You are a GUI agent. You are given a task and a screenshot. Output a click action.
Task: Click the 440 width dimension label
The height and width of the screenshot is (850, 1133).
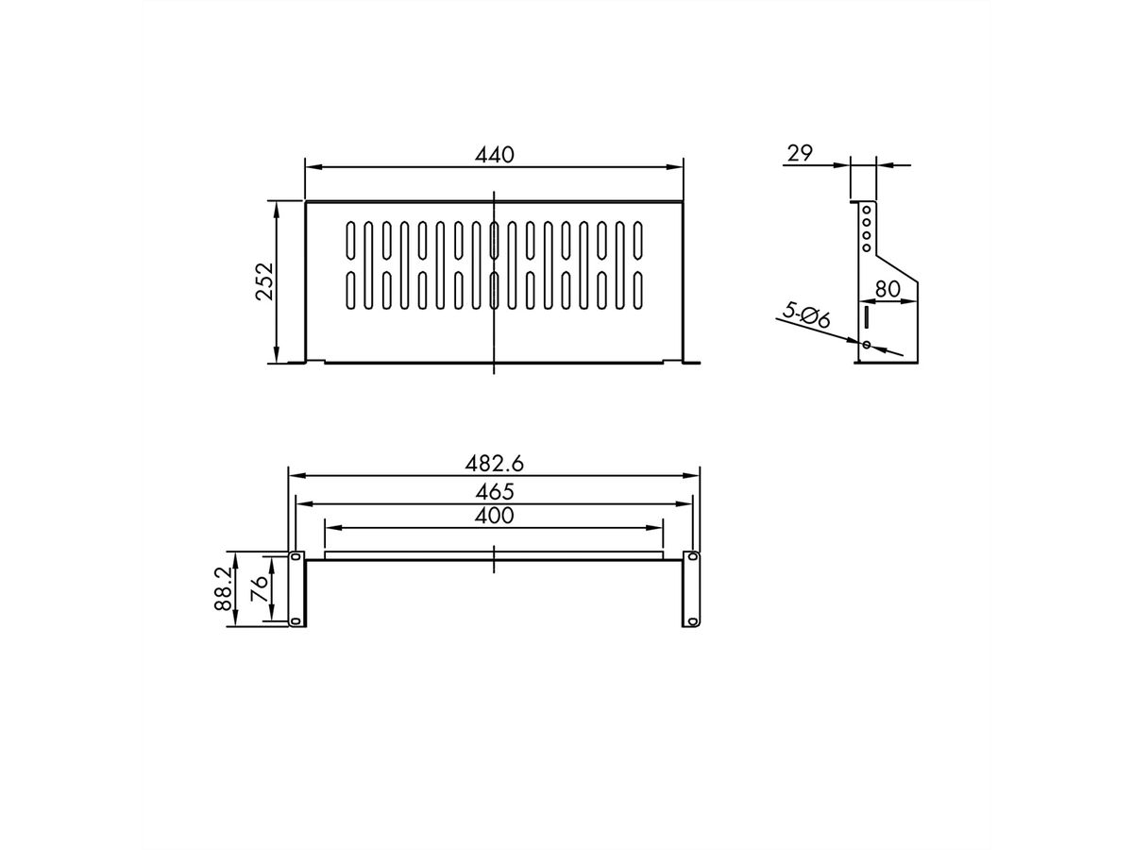coord(494,155)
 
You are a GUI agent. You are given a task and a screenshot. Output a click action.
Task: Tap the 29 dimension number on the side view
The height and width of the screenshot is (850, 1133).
coord(800,153)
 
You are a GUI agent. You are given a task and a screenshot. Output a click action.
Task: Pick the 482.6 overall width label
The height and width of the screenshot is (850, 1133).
coord(494,463)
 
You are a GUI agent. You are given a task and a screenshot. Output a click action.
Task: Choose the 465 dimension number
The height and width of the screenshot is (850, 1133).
coord(494,491)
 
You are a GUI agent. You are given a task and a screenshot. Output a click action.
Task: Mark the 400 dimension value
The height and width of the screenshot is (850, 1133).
coord(494,516)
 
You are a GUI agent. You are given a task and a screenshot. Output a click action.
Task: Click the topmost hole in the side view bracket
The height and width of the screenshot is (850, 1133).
coord(866,209)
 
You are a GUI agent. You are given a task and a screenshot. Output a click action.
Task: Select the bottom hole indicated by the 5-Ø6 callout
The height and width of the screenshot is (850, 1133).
coord(866,345)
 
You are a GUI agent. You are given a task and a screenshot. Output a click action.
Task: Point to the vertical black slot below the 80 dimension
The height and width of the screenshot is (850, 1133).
coord(865,315)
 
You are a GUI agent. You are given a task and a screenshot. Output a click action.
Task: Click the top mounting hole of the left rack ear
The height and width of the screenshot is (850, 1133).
coord(296,557)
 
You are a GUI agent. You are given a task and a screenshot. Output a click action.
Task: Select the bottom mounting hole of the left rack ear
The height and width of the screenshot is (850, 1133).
coord(296,620)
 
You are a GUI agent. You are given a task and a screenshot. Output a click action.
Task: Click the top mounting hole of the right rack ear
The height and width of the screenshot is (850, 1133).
coord(692,557)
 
